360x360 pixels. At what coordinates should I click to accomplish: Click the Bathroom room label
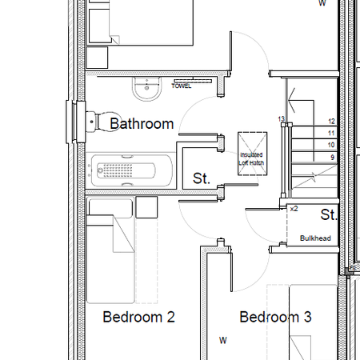(x=142, y=124)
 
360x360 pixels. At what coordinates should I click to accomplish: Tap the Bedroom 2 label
(x=139, y=318)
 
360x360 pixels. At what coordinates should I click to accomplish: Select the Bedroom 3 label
(x=275, y=318)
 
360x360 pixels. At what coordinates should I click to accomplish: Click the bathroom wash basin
(x=146, y=92)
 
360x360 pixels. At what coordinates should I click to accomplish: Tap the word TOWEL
(x=182, y=86)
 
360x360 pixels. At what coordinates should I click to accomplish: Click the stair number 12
(x=331, y=121)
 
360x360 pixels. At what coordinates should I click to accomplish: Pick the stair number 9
(x=331, y=158)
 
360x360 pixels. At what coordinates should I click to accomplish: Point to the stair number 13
(x=281, y=119)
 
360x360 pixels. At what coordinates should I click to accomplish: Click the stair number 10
(x=331, y=145)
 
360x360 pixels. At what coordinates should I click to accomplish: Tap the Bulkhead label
(x=314, y=238)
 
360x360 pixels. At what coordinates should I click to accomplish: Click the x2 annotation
(x=294, y=208)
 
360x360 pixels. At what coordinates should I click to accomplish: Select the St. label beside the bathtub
(x=202, y=179)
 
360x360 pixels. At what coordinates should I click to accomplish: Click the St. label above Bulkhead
(x=329, y=214)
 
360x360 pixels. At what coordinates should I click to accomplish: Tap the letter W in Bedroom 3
(x=223, y=340)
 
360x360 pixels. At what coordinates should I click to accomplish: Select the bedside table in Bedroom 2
(x=147, y=207)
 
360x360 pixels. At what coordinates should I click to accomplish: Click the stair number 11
(x=331, y=133)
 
